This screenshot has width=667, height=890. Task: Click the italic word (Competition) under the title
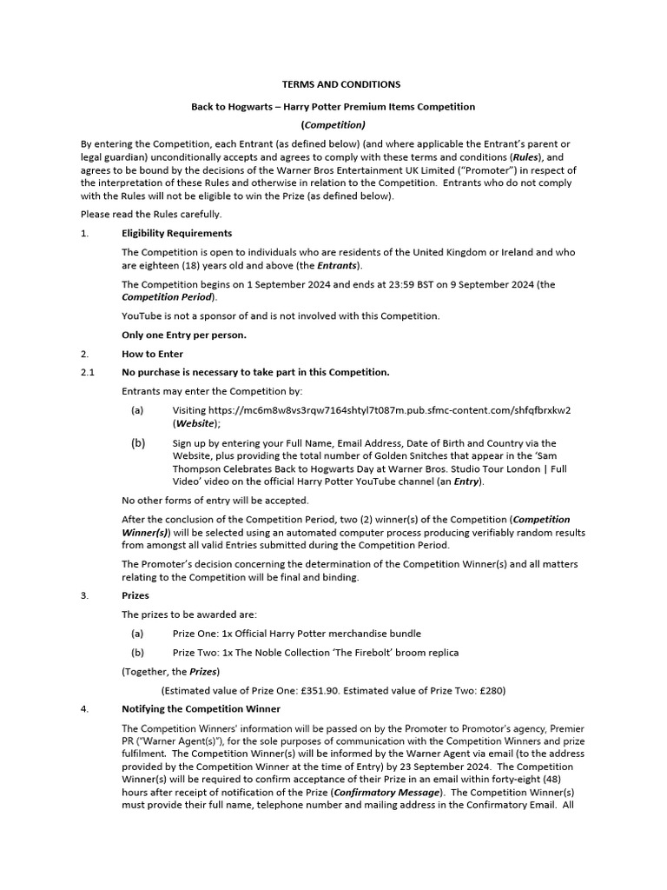coord(333,125)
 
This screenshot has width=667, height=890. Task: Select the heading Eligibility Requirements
coord(176,233)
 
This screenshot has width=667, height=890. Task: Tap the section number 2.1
coord(87,372)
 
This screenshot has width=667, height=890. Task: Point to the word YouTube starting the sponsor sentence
coord(141,315)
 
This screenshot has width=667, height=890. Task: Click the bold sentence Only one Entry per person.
coord(183,335)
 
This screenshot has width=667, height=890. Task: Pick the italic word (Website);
coord(196,423)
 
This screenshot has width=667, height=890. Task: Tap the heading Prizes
coord(135,596)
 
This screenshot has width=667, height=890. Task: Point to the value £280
coord(490,690)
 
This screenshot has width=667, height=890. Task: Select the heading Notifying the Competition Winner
coord(201,709)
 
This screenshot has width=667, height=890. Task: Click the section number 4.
coord(84,709)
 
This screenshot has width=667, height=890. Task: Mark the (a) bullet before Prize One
coord(137,634)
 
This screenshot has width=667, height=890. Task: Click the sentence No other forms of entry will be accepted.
coord(215,500)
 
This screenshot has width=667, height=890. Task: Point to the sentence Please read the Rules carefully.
coord(151,214)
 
